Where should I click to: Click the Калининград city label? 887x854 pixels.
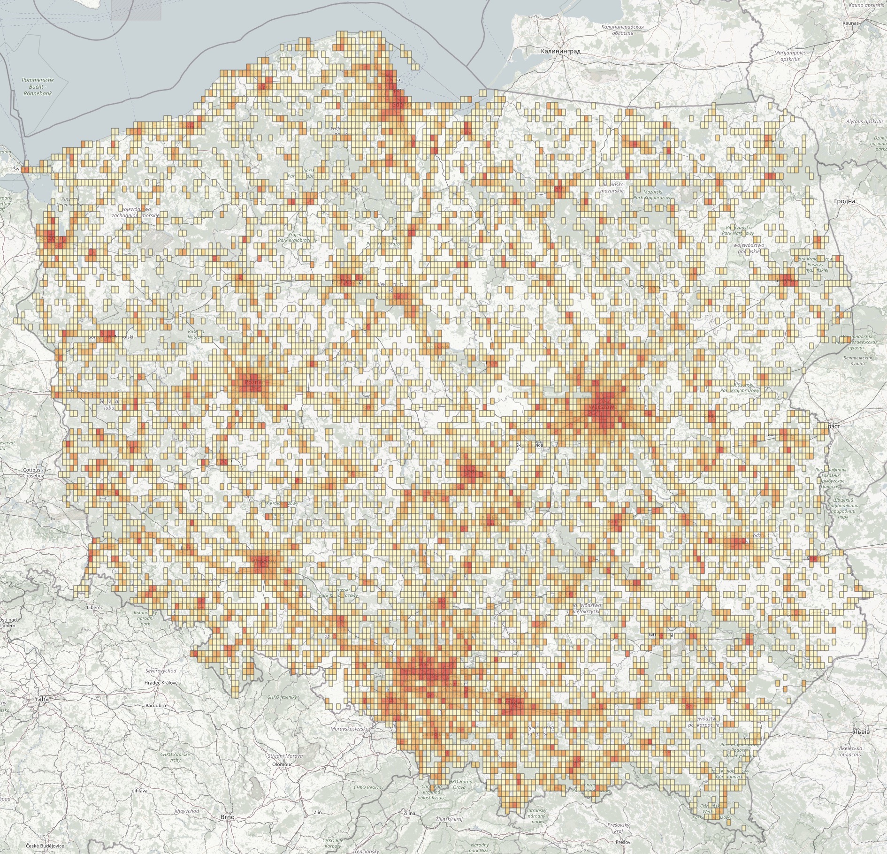click(x=560, y=51)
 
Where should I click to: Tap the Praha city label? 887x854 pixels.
click(x=40, y=699)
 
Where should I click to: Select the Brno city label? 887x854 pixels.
click(x=227, y=817)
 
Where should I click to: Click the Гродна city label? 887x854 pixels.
click(x=844, y=201)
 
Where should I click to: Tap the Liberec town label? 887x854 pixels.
click(x=95, y=607)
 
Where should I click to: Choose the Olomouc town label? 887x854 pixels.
click(x=282, y=764)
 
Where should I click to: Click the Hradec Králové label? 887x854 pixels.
click(x=161, y=683)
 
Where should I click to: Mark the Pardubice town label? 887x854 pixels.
click(x=156, y=705)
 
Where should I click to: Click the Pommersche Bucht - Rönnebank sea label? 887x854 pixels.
click(x=38, y=86)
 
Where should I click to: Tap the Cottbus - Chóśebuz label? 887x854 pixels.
click(x=33, y=473)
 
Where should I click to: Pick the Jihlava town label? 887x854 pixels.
click(x=140, y=791)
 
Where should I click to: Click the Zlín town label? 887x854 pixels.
click(x=317, y=812)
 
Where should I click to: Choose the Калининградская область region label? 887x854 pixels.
click(x=622, y=30)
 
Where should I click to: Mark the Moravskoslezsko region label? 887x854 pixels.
click(x=350, y=729)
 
